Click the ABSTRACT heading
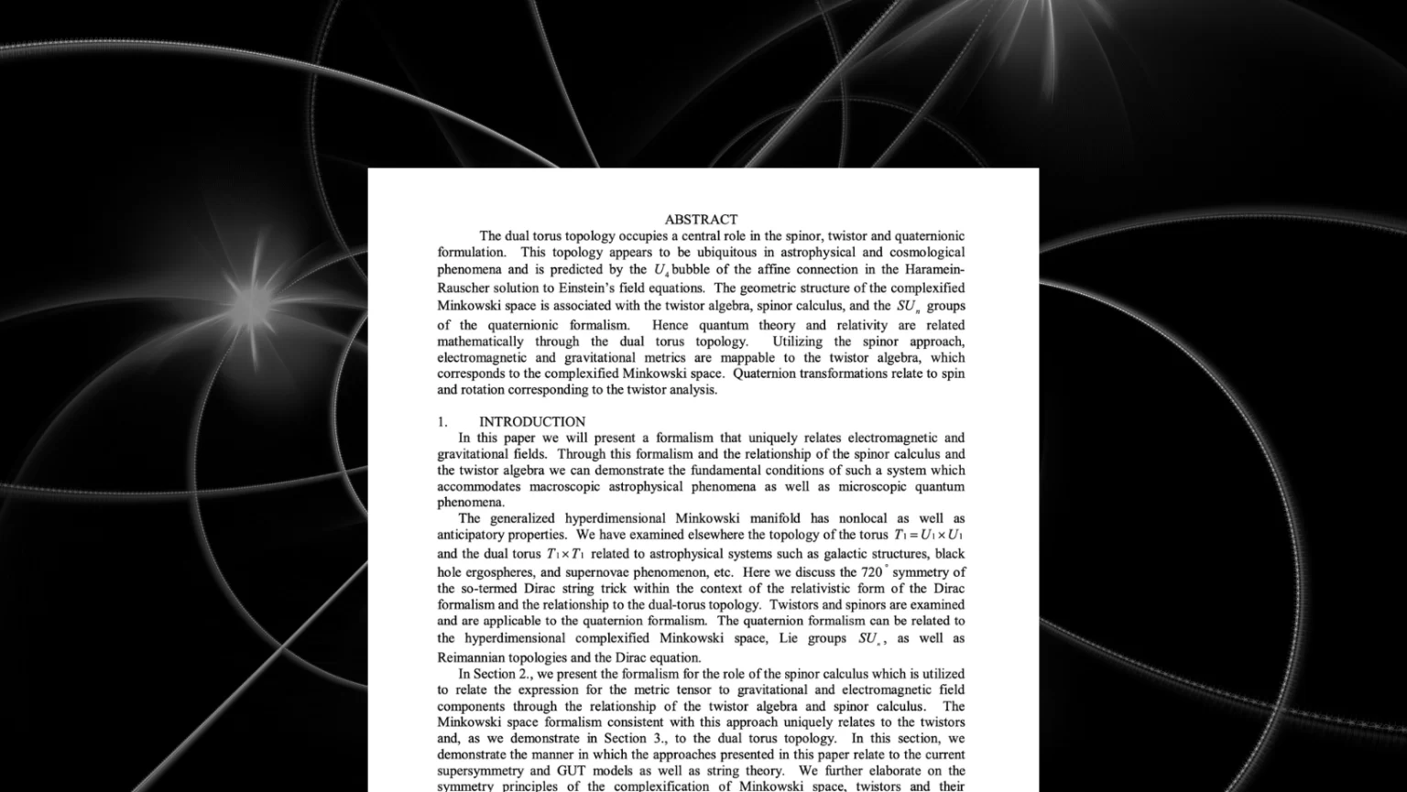pos(701,220)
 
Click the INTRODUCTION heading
pos(532,422)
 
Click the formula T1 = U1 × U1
pos(929,535)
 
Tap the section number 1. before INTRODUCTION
pos(442,422)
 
